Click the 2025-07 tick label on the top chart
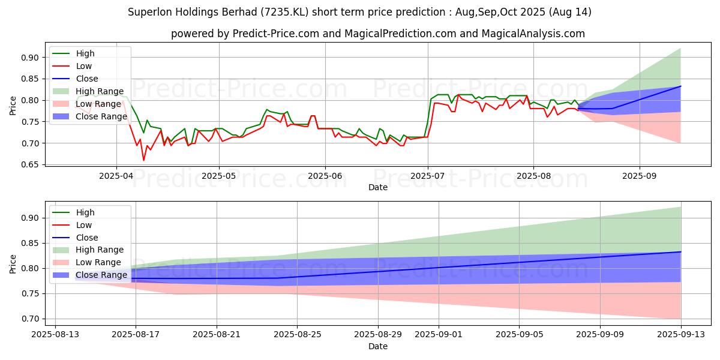(427, 176)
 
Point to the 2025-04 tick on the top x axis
(116, 176)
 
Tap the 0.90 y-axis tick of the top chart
(31, 58)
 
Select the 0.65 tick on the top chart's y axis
(31, 164)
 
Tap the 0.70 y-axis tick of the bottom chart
(31, 319)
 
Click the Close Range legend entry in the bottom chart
(101, 275)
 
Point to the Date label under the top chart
(378, 187)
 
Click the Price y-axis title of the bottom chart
(13, 263)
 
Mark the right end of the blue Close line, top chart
(680, 86)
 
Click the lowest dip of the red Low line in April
(143, 160)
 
